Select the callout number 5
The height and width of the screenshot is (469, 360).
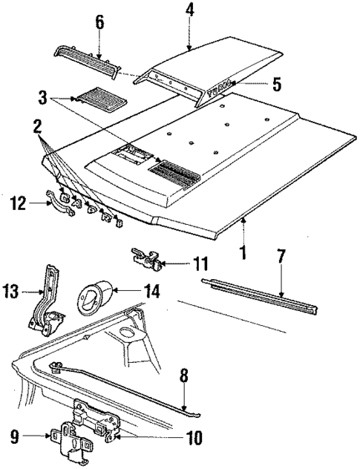click(276, 84)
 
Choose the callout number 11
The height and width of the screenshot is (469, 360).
click(200, 263)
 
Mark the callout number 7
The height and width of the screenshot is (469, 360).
click(281, 257)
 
